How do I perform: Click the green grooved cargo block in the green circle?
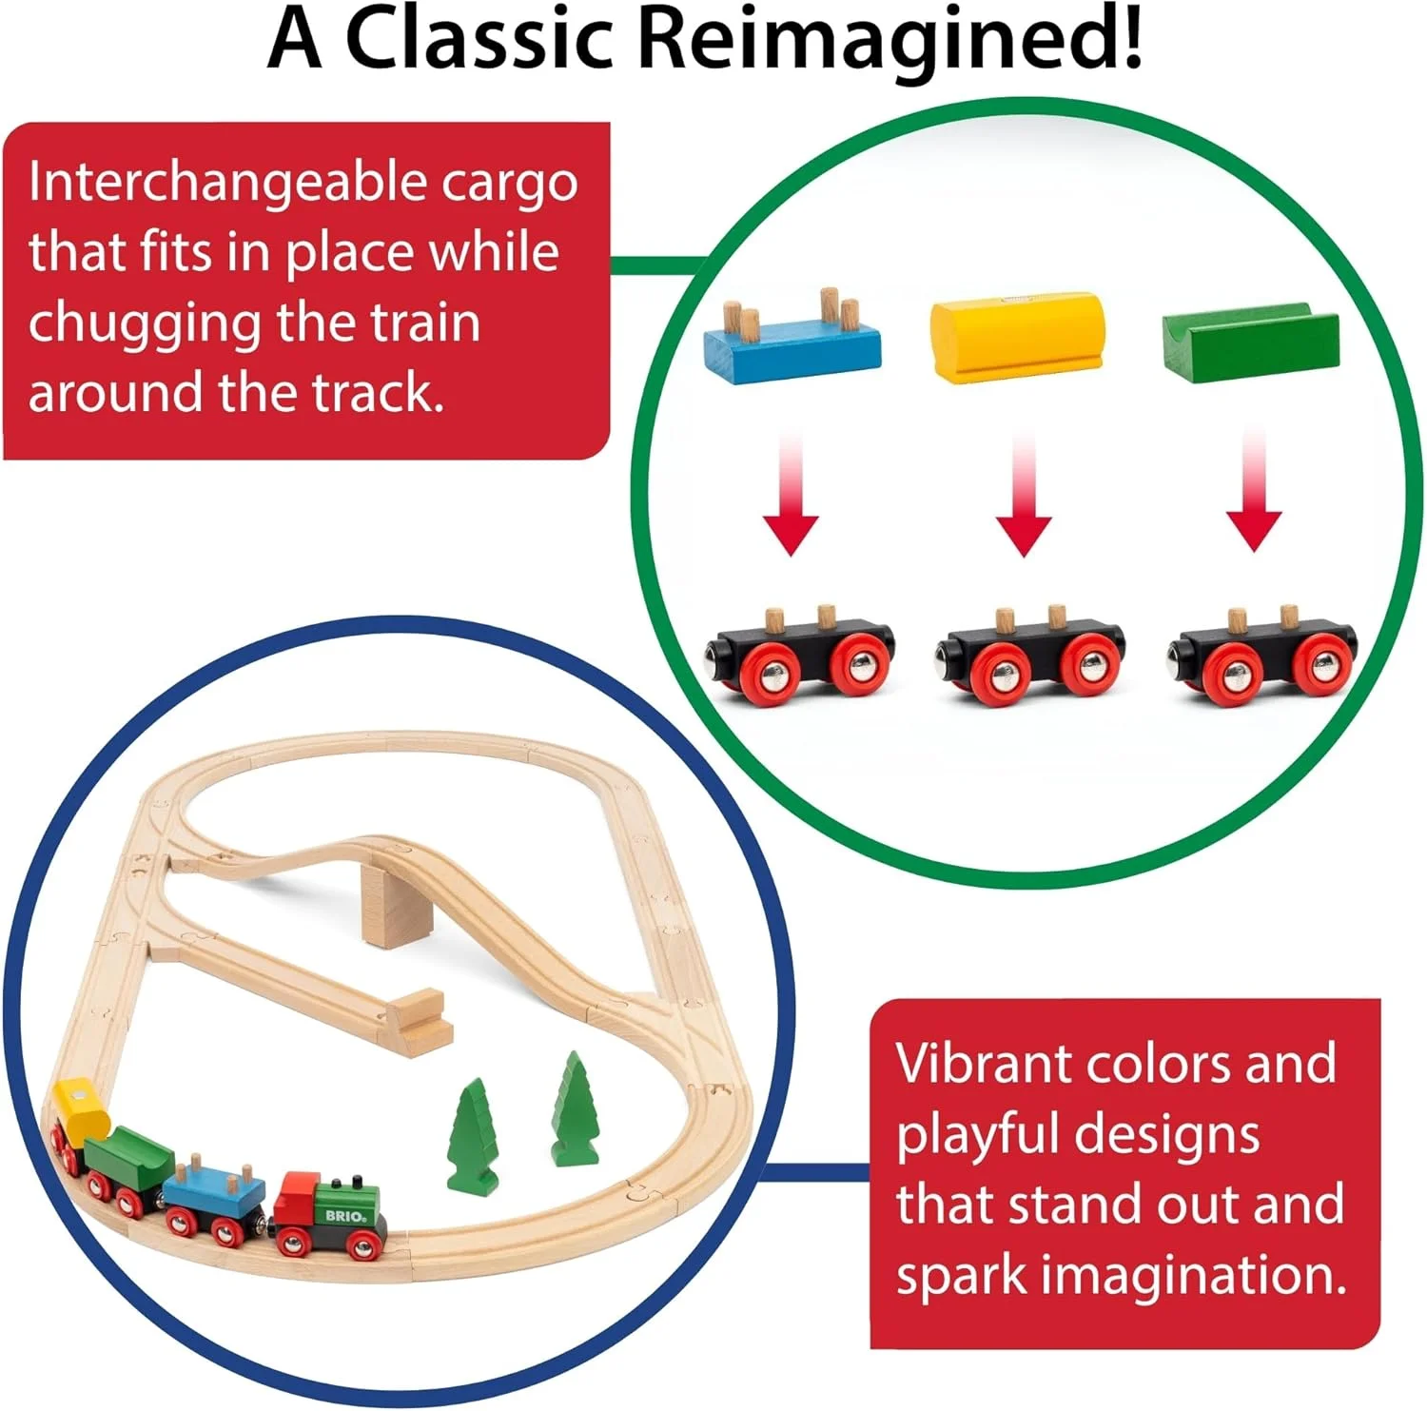[1250, 338]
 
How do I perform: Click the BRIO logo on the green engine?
[343, 1215]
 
